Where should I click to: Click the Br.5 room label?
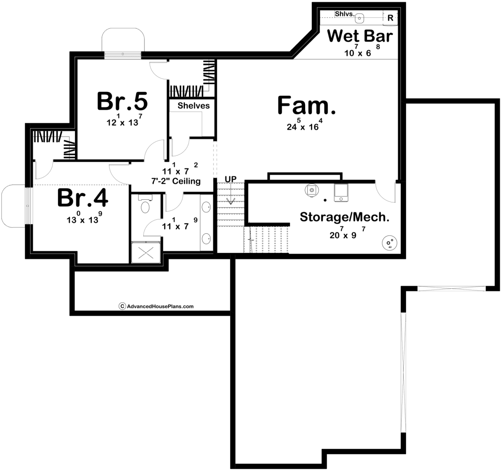coord(122,101)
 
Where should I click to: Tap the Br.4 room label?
coord(83,198)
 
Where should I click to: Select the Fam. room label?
coord(306,105)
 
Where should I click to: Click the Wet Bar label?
coord(360,36)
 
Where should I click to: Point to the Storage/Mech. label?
coord(344,217)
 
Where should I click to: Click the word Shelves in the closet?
coord(194,106)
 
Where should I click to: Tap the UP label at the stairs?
coord(230,179)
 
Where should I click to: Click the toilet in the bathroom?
coord(145,205)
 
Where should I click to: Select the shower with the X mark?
coord(146,253)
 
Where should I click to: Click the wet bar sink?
coord(360,18)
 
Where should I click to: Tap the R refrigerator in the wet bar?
coord(390,18)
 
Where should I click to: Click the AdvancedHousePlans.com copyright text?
coord(156,306)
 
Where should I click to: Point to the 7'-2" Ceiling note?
coord(176,181)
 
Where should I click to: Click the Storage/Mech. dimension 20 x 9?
coord(347,233)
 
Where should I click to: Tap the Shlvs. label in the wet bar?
coord(345,14)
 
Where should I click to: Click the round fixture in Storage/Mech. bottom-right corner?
coord(390,243)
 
